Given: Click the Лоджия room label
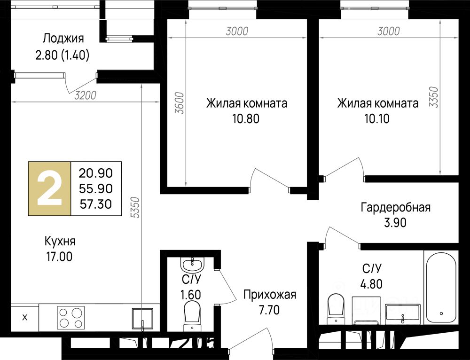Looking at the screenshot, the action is [63, 39].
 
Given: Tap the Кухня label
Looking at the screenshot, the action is [60, 241].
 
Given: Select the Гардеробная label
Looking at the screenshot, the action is [395, 207].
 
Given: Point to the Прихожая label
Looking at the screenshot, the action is [269, 295].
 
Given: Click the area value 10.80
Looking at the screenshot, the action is [246, 119].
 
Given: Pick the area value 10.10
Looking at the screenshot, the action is [377, 119].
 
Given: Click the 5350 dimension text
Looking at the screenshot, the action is [136, 207].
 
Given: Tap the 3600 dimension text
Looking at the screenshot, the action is [180, 103].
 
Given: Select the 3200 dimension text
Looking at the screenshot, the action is [86, 95].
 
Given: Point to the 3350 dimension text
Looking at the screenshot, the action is [433, 97].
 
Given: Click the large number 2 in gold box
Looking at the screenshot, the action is [49, 188].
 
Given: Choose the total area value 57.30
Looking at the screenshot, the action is [96, 204].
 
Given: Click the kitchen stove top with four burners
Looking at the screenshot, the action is [71, 318].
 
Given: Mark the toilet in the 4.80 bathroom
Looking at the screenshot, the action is [336, 308].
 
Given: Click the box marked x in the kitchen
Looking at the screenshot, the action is [24, 317].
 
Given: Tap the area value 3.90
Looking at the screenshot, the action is [395, 223].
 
